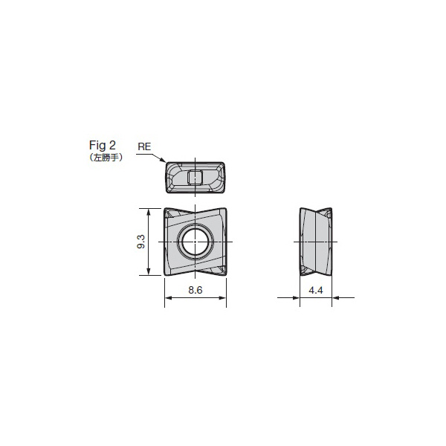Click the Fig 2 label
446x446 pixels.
(x=103, y=145)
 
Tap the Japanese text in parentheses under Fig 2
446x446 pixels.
(x=106, y=158)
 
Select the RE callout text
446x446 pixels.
(x=144, y=146)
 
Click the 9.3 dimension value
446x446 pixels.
(x=141, y=242)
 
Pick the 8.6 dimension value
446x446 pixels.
(x=195, y=290)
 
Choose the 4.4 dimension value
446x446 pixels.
(x=316, y=290)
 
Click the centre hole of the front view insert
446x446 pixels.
(x=195, y=242)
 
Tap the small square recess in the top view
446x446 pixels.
(x=195, y=178)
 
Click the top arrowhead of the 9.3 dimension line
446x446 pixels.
(x=148, y=212)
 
